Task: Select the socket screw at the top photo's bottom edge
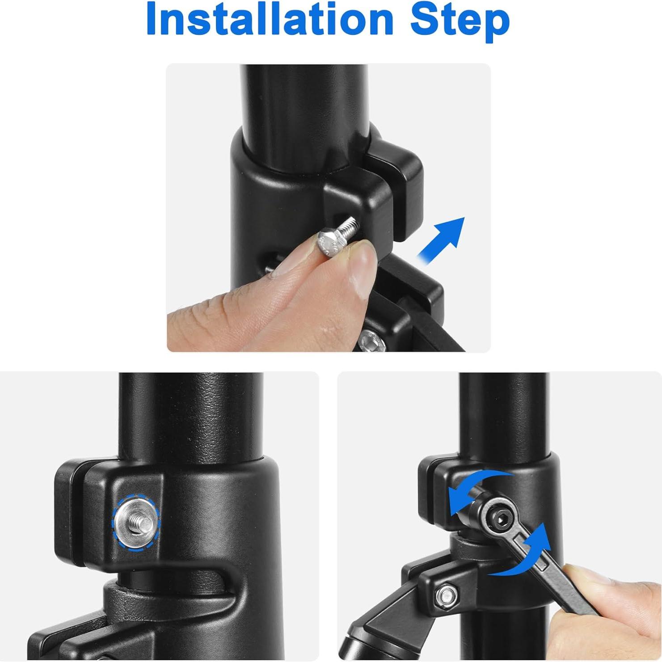372,342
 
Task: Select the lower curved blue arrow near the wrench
523,554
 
